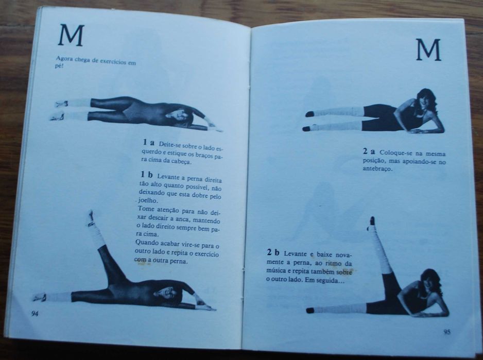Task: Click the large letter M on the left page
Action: pos(71,35)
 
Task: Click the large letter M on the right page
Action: pos(428,49)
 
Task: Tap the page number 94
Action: pos(34,314)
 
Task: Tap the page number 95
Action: pos(447,332)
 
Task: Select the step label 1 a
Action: pos(148,142)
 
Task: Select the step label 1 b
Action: pos(147,175)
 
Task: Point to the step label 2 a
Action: pos(369,151)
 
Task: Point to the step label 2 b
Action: pos(273,253)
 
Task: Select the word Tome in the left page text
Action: pos(145,210)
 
